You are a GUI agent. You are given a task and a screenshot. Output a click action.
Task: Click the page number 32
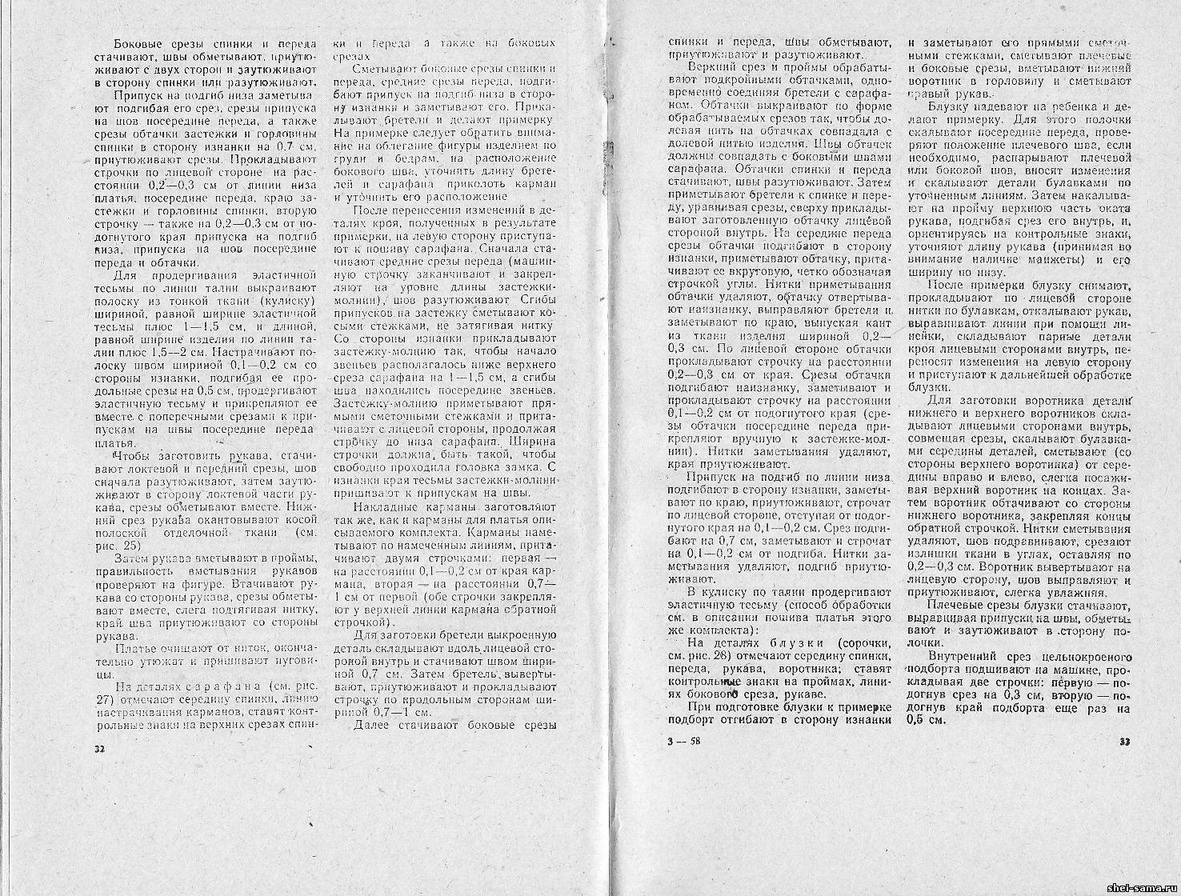click(100, 750)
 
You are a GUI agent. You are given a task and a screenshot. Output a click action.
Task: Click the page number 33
click(1124, 742)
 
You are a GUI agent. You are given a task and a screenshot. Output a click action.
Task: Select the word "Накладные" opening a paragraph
click(382, 507)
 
